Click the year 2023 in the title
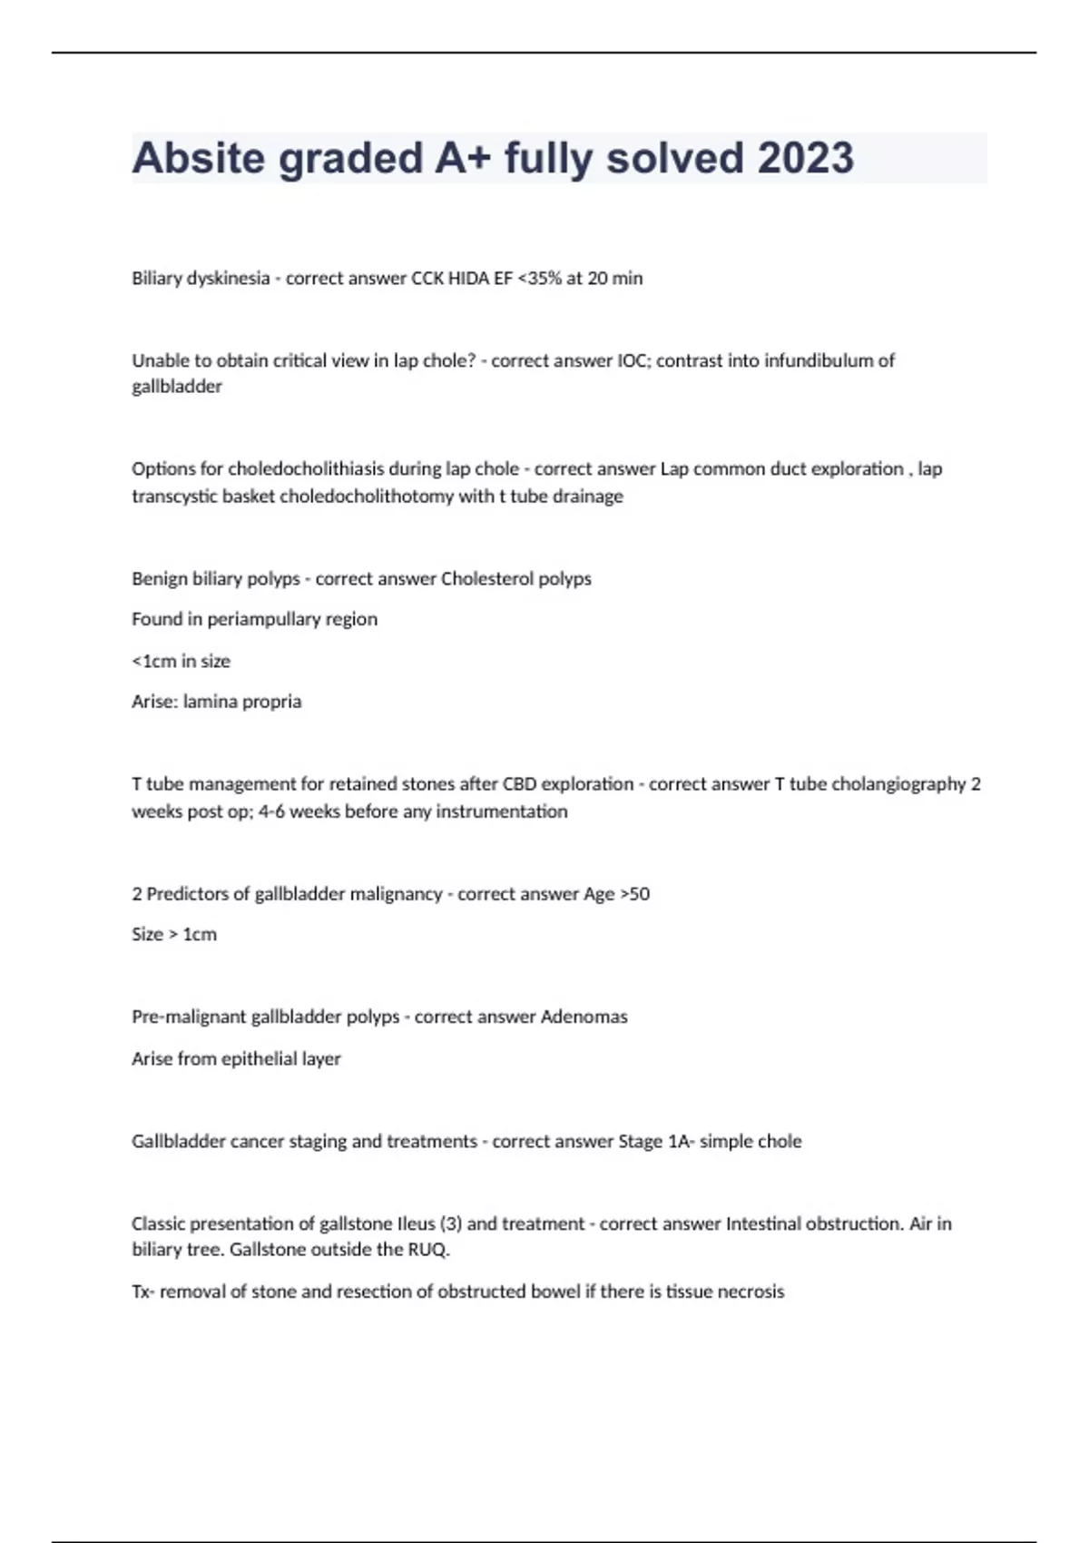(805, 158)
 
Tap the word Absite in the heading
(198, 158)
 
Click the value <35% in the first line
(539, 279)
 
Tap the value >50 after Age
(635, 894)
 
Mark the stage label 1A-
(681, 1141)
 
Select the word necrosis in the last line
(751, 1292)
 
